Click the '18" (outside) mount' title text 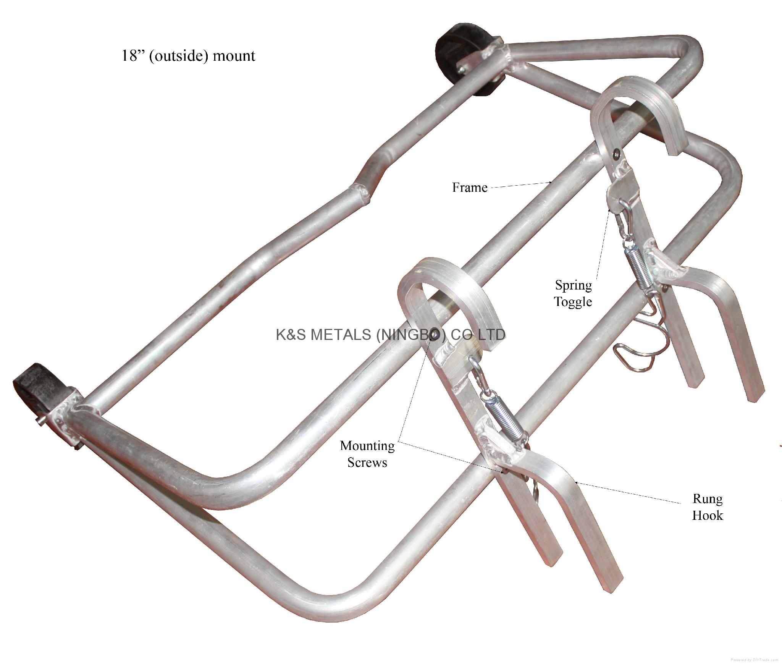188,56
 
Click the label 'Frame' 470,188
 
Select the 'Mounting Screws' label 367,454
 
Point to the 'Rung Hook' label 708,507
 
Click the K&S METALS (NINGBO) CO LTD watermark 390,335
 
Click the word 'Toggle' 573,302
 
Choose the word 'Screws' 367,462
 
